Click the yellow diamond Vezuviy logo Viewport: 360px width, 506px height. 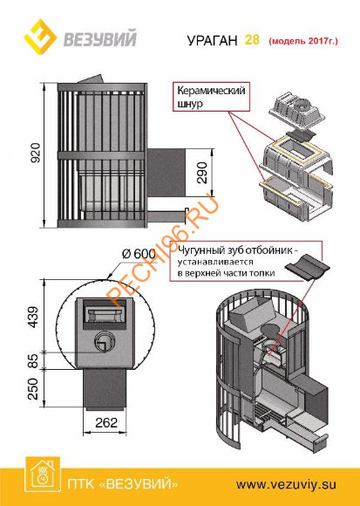coord(40,37)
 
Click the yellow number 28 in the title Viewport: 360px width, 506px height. coord(252,39)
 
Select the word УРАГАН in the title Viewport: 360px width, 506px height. coord(212,41)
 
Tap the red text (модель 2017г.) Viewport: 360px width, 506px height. coord(303,41)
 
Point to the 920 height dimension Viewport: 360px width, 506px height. coord(35,153)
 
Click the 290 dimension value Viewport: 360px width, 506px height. coord(202,173)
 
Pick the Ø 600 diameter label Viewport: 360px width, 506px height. coord(139,254)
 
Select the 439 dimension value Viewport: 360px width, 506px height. coord(33,318)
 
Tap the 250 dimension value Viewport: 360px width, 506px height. coord(33,389)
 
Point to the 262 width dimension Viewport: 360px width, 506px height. coord(106,422)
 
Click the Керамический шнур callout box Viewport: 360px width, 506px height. coord(212,97)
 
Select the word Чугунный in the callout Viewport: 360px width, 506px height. coord(194,250)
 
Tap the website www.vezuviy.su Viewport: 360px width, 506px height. coord(286,484)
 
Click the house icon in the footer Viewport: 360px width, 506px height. coord(43,474)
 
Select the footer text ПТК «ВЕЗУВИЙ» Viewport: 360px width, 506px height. coord(123,484)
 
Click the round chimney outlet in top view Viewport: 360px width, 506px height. coord(104,341)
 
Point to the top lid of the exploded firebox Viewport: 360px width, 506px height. coord(295,111)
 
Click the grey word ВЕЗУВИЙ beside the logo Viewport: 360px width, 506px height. coord(100,38)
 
